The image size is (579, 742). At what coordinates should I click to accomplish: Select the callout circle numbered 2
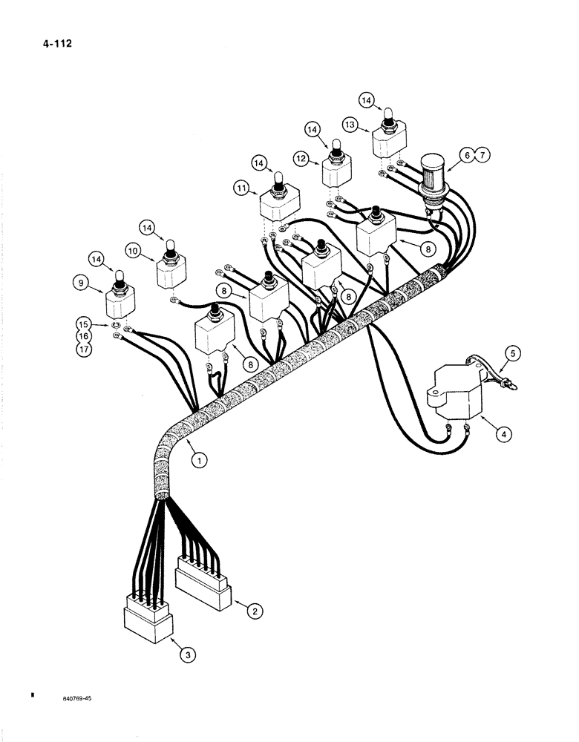tap(254, 611)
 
